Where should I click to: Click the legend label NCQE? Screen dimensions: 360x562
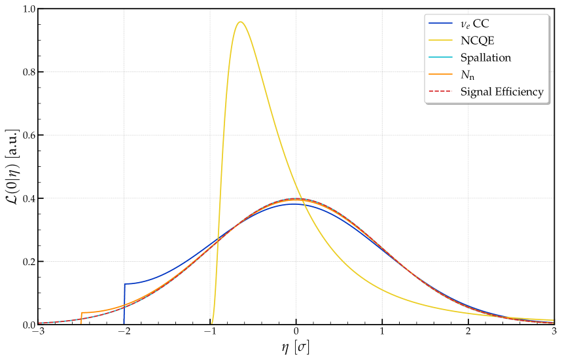point(477,41)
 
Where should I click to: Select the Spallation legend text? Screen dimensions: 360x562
point(485,58)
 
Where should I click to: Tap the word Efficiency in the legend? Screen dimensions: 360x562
point(518,92)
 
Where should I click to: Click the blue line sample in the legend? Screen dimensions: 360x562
point(440,24)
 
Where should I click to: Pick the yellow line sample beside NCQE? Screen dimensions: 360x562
point(440,41)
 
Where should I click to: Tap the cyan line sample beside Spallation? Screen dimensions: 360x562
point(440,58)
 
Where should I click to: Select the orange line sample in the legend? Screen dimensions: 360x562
point(440,75)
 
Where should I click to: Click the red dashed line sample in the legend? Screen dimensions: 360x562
point(440,92)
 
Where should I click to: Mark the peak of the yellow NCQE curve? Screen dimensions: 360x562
point(241,22)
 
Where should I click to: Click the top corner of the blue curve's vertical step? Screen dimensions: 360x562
point(124,284)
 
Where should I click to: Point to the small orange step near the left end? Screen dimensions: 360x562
point(81,313)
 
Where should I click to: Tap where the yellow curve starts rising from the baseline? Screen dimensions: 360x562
point(213,322)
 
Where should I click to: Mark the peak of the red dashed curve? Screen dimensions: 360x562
point(296,199)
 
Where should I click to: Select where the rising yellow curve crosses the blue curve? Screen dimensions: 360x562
point(217,241)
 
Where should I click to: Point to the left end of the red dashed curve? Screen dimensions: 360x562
point(39,323)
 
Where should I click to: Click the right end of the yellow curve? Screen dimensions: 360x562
point(553,320)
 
